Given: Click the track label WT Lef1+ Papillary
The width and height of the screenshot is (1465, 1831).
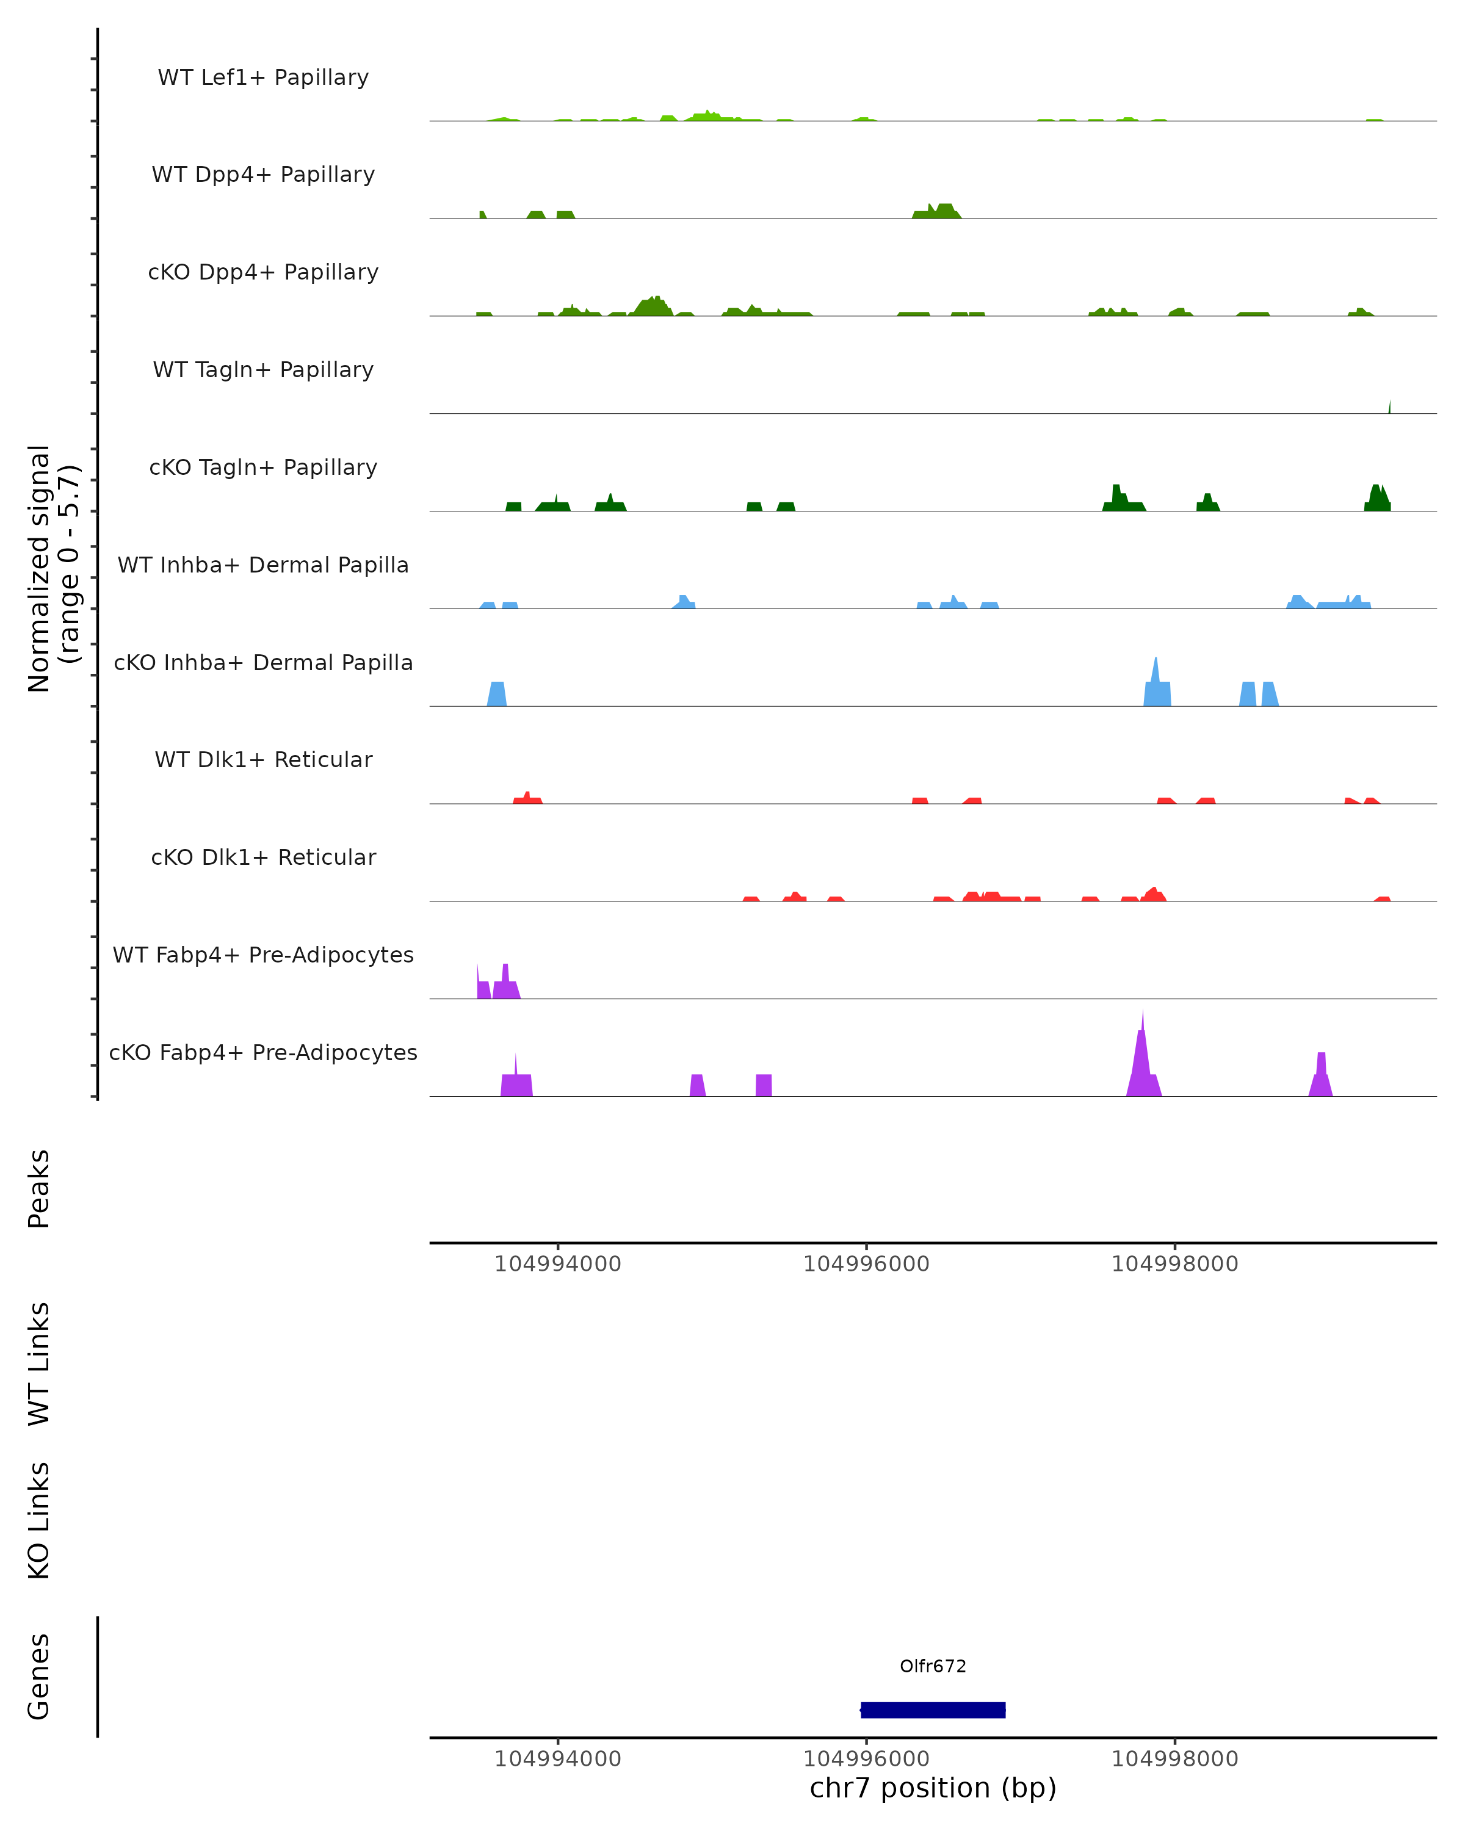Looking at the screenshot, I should click(x=263, y=78).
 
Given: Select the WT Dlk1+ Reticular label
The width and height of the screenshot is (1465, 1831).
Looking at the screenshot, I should click(x=263, y=759).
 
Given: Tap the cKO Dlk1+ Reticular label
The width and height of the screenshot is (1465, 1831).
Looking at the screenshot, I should click(x=263, y=857).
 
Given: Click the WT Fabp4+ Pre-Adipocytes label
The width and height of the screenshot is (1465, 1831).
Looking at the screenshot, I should click(x=263, y=955).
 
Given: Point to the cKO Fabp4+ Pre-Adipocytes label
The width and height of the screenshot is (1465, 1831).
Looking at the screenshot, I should click(x=263, y=1052).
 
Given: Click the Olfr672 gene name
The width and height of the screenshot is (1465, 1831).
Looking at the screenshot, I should click(x=933, y=1666).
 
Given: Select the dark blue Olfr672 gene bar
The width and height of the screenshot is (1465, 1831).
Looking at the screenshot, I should click(x=933, y=1710).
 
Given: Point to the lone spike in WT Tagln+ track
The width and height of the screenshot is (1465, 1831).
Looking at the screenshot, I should click(x=1389, y=408).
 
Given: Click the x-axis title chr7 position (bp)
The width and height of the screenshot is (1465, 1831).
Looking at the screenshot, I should click(x=933, y=1788).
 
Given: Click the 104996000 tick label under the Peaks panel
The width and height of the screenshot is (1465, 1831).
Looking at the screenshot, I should click(x=866, y=1264).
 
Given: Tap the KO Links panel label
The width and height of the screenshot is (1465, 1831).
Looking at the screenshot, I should click(x=39, y=1520).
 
